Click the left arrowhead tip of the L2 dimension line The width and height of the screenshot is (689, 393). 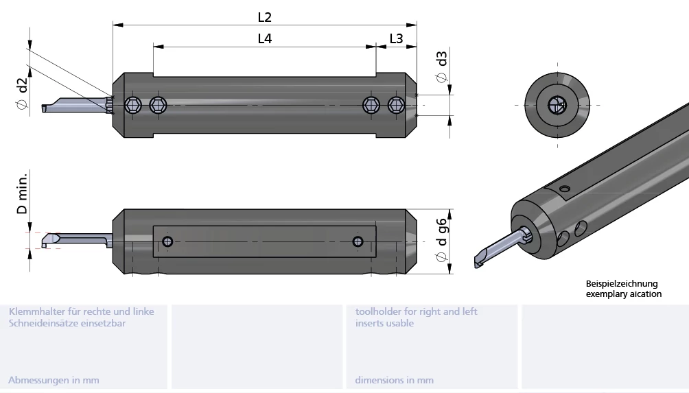pos(113,25)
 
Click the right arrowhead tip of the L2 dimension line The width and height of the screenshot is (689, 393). pos(417,25)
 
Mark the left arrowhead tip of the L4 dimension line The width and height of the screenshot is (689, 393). pos(153,46)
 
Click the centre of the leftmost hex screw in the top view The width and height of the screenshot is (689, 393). pos(132,106)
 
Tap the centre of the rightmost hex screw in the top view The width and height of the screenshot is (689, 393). pos(397,106)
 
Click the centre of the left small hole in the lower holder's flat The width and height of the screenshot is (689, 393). pos(167,241)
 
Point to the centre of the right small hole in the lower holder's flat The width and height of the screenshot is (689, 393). pos(358,241)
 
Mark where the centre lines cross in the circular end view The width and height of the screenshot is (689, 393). pos(557,106)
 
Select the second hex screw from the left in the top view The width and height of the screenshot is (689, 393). pos(159,106)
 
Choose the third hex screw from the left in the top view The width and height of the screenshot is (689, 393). pos(371,106)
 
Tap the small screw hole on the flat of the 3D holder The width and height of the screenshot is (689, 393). pos(565,189)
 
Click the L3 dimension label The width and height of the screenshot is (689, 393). pos(396,38)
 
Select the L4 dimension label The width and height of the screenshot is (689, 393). pos(264,38)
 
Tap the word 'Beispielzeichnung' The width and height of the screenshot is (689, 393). pos(621,284)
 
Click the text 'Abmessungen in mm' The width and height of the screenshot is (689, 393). pos(54,380)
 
